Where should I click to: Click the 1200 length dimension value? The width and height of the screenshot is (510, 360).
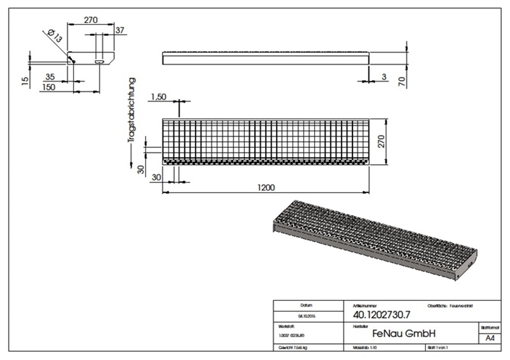click(x=266, y=187)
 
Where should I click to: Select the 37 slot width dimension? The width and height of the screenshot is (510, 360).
click(x=120, y=31)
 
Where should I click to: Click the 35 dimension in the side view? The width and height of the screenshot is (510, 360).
click(x=50, y=77)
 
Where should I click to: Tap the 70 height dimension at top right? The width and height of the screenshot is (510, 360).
click(x=402, y=82)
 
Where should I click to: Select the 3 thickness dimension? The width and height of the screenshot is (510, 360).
click(x=384, y=77)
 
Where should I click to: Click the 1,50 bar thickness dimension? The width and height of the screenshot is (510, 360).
click(x=159, y=97)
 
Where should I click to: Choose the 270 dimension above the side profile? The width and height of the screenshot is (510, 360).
click(x=90, y=20)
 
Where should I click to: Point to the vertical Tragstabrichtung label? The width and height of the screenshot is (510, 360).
click(x=132, y=110)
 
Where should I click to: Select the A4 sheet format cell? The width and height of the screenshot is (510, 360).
click(x=489, y=338)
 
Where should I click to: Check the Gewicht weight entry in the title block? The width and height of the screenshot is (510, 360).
click(x=293, y=347)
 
